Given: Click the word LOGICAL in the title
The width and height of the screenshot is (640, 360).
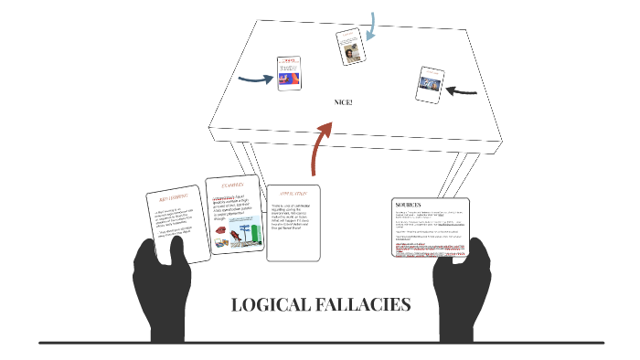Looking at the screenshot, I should pyautogui.click(x=266, y=305).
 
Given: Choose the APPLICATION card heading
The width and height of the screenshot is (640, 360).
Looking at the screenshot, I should pyautogui.click(x=293, y=194).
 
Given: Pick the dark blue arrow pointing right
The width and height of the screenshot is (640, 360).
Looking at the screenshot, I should pyautogui.click(x=256, y=79).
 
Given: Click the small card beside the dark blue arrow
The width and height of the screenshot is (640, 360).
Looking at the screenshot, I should pyautogui.click(x=290, y=73).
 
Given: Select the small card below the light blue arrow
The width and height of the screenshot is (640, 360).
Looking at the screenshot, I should pyautogui.click(x=349, y=47).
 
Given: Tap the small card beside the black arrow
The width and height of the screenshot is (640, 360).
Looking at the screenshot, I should pyautogui.click(x=430, y=83).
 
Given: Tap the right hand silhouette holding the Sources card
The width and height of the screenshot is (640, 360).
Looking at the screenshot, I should pyautogui.click(x=463, y=288).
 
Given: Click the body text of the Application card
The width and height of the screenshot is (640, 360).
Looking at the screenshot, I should pyautogui.click(x=292, y=219).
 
